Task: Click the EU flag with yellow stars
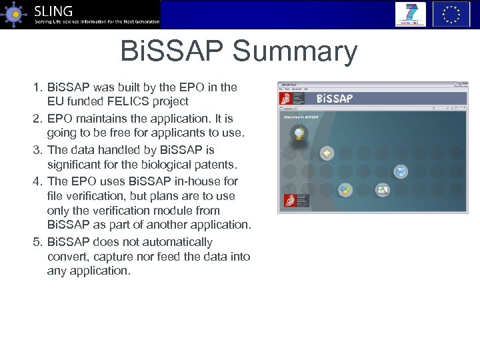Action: click(x=451, y=14)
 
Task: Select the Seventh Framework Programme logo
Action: click(x=410, y=14)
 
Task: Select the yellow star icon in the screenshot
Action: click(x=327, y=153)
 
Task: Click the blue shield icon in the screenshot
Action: click(x=400, y=172)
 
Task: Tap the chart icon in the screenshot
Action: click(x=382, y=190)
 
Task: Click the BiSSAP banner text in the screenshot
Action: click(x=334, y=99)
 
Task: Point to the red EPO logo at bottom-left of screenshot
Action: click(x=289, y=200)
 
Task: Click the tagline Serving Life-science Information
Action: click(x=97, y=22)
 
